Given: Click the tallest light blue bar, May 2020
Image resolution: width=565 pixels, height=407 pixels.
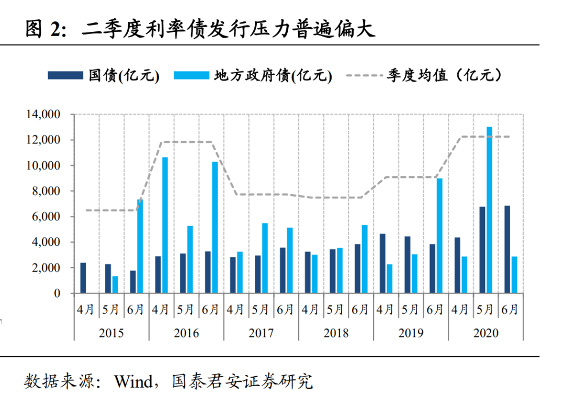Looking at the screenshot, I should [489, 210].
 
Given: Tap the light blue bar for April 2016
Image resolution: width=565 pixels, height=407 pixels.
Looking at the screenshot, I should [165, 225].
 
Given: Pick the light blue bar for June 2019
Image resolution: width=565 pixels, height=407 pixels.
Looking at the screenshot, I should [439, 235].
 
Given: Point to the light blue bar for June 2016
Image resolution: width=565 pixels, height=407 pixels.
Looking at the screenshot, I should [214, 227].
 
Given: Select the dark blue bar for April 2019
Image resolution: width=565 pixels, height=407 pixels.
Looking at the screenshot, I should [382, 263].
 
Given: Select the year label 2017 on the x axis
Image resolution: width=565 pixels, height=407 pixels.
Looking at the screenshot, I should [261, 333].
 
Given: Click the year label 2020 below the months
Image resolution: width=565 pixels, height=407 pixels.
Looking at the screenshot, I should [485, 333].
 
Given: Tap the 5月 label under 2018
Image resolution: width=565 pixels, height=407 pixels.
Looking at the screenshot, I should [335, 310].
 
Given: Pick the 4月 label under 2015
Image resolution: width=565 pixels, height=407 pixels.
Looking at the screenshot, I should [86, 310].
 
